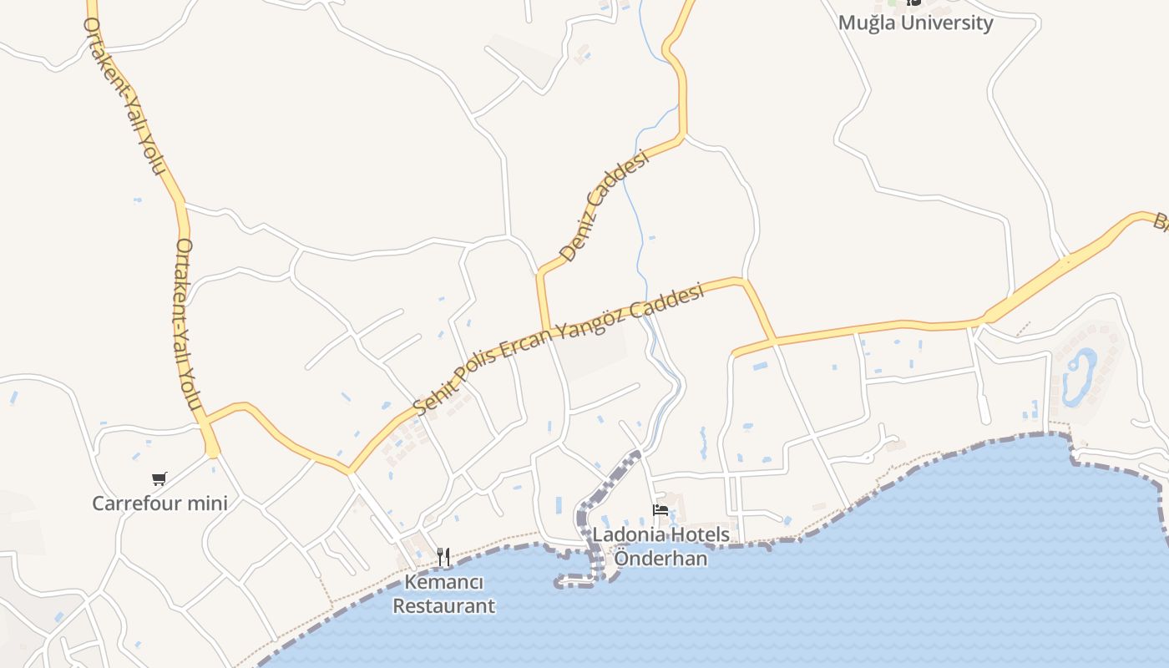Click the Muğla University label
[x=915, y=23]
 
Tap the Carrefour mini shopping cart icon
[x=159, y=478]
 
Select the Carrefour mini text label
[x=159, y=504]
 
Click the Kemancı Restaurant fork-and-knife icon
[x=443, y=556]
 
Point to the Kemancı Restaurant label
[x=444, y=594]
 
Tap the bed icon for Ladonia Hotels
[x=660, y=510]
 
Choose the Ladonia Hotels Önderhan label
[x=660, y=547]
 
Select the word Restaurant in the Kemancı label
[x=444, y=606]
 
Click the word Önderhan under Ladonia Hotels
[x=660, y=559]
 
